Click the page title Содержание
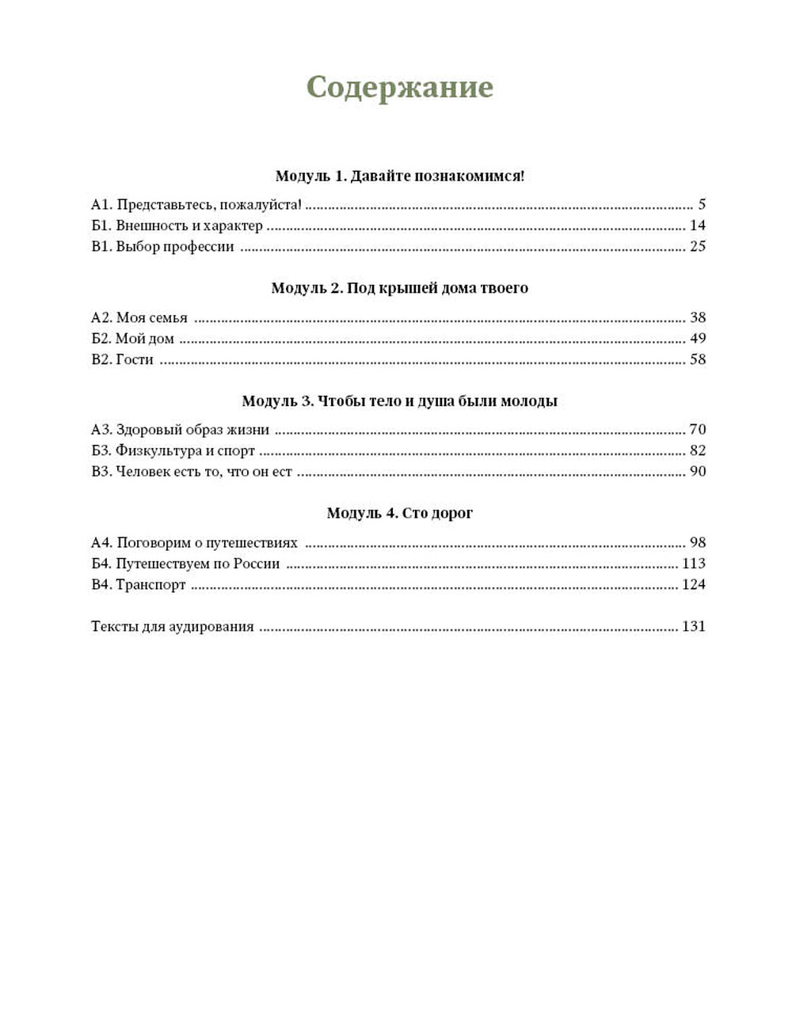pyautogui.click(x=399, y=87)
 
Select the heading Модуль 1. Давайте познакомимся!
pyautogui.click(x=399, y=176)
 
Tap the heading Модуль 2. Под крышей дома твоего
pyautogui.click(x=399, y=288)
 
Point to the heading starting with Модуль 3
pyautogui.click(x=399, y=401)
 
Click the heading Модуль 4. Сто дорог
pyautogui.click(x=399, y=513)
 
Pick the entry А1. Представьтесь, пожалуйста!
pyautogui.click(x=196, y=205)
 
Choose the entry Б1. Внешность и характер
pyautogui.click(x=177, y=226)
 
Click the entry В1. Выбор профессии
pyautogui.click(x=162, y=246)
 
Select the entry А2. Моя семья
pyautogui.click(x=139, y=317)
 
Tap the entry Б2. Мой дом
pyautogui.click(x=132, y=339)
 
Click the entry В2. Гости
pyautogui.click(x=122, y=359)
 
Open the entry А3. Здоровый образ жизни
pyautogui.click(x=181, y=430)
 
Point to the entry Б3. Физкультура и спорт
pyautogui.click(x=173, y=450)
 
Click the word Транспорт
pyautogui.click(x=150, y=585)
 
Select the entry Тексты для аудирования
pyautogui.click(x=173, y=627)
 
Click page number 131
pyautogui.click(x=693, y=627)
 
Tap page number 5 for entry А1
pyautogui.click(x=701, y=205)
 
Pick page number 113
pyautogui.click(x=693, y=564)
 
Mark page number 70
pyautogui.click(x=697, y=430)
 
